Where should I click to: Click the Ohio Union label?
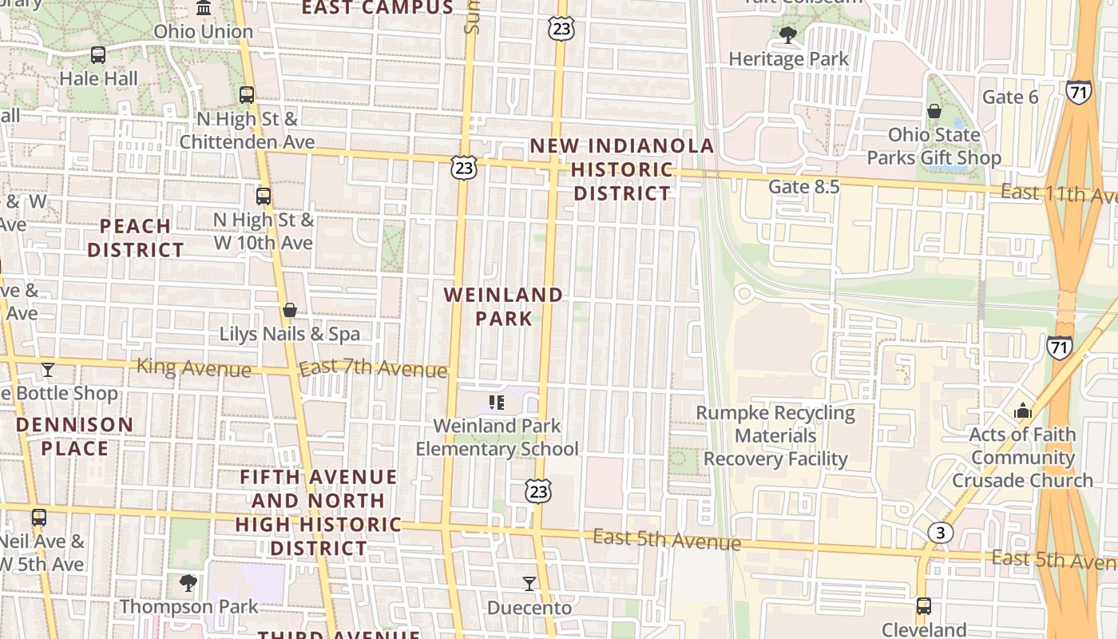tap(203, 32)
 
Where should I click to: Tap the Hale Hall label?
tap(99, 78)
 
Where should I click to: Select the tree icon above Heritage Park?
tap(788, 35)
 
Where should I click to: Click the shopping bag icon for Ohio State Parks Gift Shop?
tap(934, 111)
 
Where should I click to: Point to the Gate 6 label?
tap(1009, 97)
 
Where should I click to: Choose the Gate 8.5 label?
tap(803, 187)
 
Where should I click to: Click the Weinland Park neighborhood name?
tap(503, 307)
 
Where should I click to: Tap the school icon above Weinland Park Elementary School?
tap(496, 403)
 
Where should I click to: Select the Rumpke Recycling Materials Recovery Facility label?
tap(775, 436)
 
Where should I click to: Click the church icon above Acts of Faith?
tap(1022, 411)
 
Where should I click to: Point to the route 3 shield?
tap(941, 533)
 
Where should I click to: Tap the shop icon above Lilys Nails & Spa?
tap(289, 310)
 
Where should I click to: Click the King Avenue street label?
tap(193, 368)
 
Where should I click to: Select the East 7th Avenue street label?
tap(372, 369)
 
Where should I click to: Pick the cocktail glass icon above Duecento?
tap(529, 585)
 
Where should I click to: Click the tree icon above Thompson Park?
tap(188, 583)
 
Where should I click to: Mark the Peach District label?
tap(136, 238)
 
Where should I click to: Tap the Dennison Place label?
tap(74, 436)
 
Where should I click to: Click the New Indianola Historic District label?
tap(622, 169)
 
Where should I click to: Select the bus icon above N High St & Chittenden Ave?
tap(247, 95)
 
